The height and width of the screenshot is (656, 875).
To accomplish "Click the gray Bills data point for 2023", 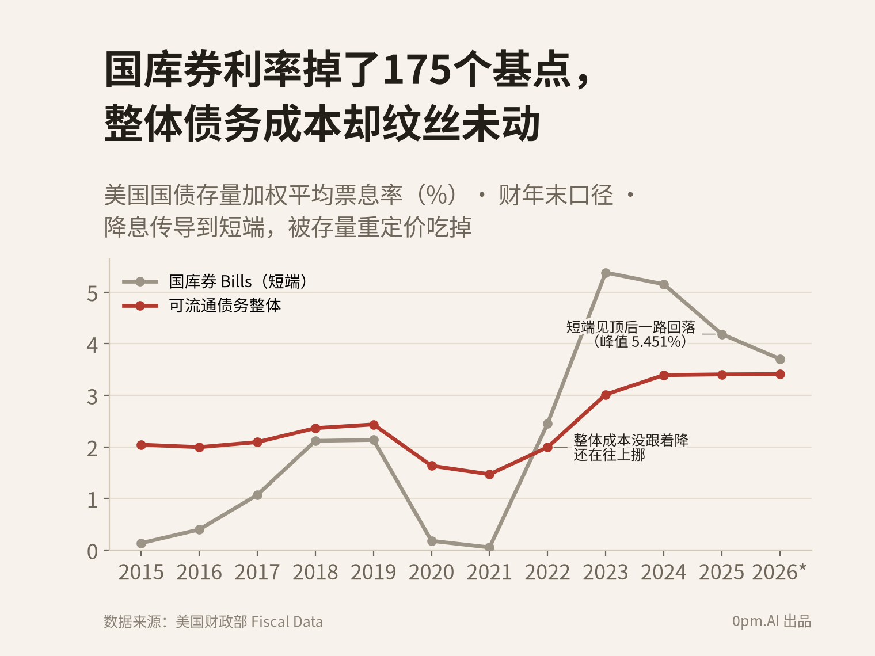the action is (x=606, y=273).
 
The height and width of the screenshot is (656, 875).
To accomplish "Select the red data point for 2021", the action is (x=489, y=474).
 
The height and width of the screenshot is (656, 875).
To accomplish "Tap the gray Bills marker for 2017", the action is (x=257, y=495).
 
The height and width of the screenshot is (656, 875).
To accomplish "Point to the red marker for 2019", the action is (x=374, y=425).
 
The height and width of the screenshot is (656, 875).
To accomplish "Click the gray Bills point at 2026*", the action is (x=780, y=359).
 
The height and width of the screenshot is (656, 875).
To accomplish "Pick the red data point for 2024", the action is (x=664, y=375).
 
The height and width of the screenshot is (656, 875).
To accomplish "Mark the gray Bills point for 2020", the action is (x=432, y=541).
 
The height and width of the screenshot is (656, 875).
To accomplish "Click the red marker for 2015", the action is (x=141, y=445).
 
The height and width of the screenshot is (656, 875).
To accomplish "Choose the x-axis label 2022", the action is (x=547, y=573).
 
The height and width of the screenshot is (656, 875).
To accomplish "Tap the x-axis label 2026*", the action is (x=779, y=573).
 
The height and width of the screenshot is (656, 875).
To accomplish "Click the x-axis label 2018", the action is (x=315, y=573).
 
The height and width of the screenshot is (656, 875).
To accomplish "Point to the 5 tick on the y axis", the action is (x=92, y=293).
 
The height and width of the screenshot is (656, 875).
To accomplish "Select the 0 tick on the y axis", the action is (x=92, y=552).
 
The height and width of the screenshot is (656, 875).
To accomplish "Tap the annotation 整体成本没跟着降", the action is (x=631, y=440).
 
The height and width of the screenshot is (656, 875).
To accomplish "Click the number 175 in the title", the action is (x=417, y=70).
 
